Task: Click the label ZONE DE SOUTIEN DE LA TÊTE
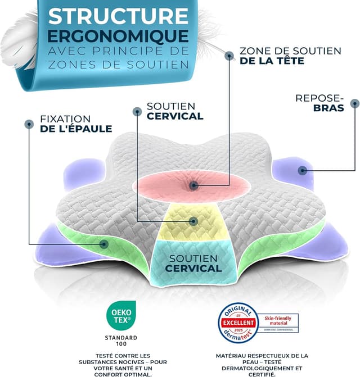(x=290, y=56)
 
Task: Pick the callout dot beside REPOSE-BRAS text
(x=354, y=103)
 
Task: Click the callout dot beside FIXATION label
(x=28, y=123)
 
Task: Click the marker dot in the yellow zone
(x=193, y=221)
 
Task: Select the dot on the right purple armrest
(x=303, y=170)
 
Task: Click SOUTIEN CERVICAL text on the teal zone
(x=193, y=263)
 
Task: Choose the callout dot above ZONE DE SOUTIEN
(x=229, y=55)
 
